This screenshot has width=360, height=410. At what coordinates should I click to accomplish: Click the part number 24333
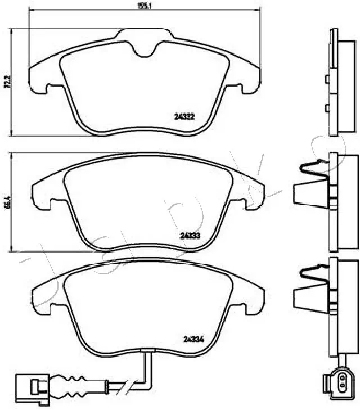click(191, 236)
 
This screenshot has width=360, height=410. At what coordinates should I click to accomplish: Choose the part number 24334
click(193, 338)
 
